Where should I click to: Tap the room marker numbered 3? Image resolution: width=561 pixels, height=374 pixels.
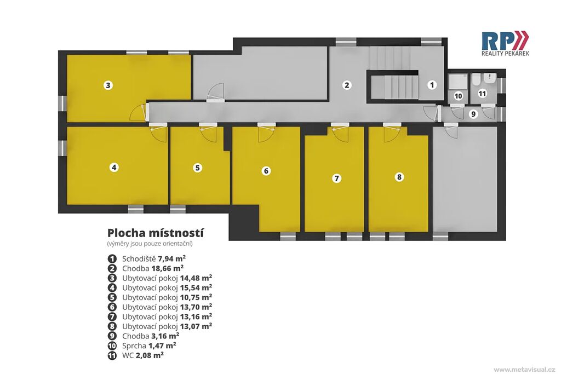(108, 85)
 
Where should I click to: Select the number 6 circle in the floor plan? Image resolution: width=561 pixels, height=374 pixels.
(266, 171)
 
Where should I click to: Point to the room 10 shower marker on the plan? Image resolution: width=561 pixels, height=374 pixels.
(458, 96)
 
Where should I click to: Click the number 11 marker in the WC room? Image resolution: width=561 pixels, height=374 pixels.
(482, 93)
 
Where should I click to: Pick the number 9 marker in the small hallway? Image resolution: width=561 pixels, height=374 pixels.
(473, 114)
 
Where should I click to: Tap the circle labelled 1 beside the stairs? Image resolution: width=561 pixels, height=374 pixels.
(432, 85)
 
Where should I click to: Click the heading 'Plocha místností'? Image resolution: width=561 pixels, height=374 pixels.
(156, 233)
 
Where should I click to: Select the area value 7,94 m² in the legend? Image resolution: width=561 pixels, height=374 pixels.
(171, 258)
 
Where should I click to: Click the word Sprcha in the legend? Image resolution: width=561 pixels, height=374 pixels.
(134, 346)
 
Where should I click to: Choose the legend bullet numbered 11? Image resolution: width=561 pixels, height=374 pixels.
(112, 355)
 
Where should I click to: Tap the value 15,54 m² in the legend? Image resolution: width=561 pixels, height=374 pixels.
(196, 287)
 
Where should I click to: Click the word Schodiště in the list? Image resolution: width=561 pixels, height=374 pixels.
(139, 258)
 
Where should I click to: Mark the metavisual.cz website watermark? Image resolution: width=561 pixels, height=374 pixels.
(524, 370)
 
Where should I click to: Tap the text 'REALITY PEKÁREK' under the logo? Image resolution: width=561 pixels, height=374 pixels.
(505, 53)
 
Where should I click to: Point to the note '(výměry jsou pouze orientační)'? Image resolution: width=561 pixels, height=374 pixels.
(150, 244)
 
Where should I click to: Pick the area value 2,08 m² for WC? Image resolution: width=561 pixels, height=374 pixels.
(150, 355)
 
